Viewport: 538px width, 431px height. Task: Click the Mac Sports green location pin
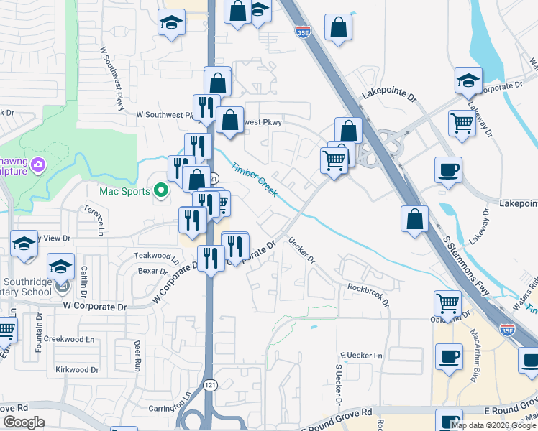pyautogui.click(x=161, y=191)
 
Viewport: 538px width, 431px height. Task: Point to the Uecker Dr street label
pyautogui.click(x=301, y=251)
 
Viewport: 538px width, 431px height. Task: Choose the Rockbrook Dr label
pyautogui.click(x=368, y=295)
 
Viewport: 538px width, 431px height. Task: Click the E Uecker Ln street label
pyautogui.click(x=361, y=356)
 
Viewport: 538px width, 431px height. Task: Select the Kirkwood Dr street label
pyautogui.click(x=77, y=369)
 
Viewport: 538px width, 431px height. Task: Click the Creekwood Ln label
pyautogui.click(x=69, y=339)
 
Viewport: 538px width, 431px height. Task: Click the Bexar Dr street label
pyautogui.click(x=152, y=271)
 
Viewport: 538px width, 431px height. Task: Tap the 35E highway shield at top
pyautogui.click(x=303, y=31)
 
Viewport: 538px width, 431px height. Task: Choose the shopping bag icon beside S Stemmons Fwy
pyautogui.click(x=415, y=220)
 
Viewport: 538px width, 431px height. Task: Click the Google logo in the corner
pyautogui.click(x=23, y=423)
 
